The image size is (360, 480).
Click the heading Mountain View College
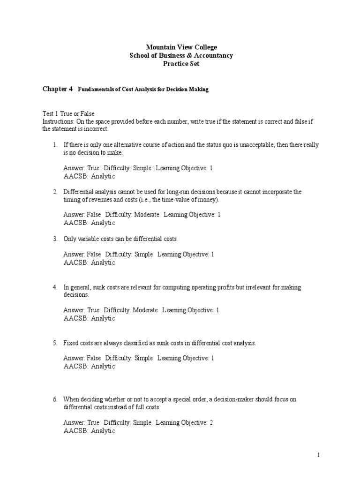tap(181, 47)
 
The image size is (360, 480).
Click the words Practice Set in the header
tap(181, 64)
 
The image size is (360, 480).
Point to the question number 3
tap(55, 239)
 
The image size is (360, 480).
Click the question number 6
tap(55, 399)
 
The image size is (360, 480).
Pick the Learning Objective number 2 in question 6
tap(211, 423)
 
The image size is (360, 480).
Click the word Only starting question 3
tap(69, 239)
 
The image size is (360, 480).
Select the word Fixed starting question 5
tap(70, 343)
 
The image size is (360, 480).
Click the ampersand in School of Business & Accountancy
tap(193, 55)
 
